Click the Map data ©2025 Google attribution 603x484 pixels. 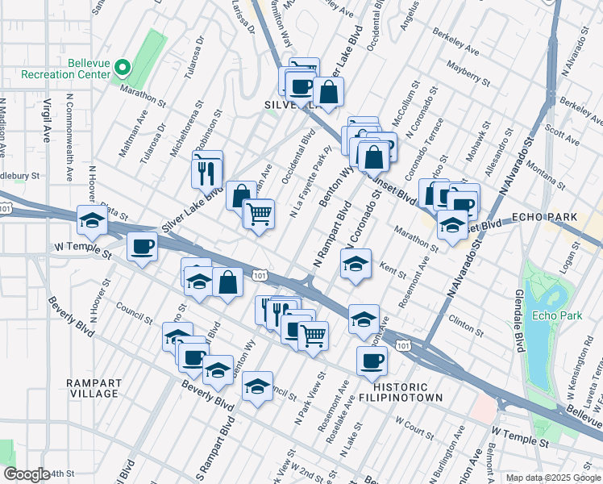point(553,478)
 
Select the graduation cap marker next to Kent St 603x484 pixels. point(355,263)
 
